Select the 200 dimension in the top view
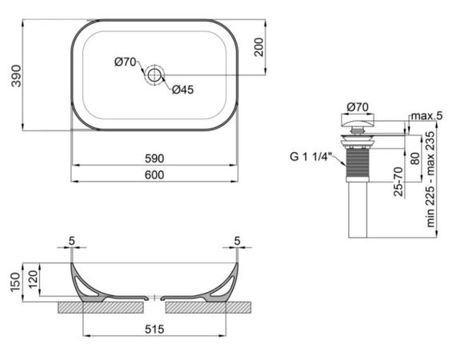258,48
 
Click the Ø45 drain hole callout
182,90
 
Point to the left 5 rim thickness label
71,239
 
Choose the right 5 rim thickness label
238,239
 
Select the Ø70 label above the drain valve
357,106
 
